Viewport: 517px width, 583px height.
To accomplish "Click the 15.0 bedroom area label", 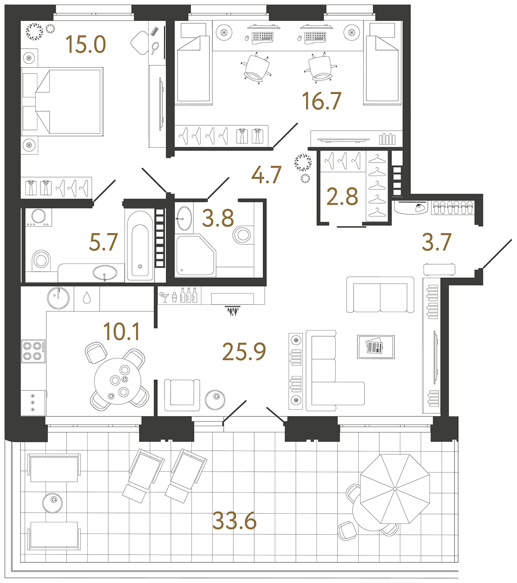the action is click(86, 45).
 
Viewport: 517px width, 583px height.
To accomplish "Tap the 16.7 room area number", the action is click(322, 101).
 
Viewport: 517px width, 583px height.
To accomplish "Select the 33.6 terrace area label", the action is click(234, 522).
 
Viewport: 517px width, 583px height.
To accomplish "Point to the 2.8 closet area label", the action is click(342, 197).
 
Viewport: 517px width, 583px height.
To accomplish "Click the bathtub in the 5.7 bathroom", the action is click(140, 245).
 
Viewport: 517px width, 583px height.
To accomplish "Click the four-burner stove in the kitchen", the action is click(33, 351).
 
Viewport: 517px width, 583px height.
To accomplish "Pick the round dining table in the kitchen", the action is click(118, 381).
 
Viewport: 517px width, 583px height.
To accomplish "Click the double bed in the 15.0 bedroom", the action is click(62, 101).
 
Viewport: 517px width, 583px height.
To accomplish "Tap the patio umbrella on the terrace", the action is click(395, 489).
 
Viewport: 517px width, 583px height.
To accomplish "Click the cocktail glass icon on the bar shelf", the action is click(164, 297).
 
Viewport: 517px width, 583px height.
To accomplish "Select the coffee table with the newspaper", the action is click(376, 347).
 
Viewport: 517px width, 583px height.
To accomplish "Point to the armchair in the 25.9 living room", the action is click(182, 395).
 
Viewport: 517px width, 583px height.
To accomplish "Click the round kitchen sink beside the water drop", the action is click(58, 298).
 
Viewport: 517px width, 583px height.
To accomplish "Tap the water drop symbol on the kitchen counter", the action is click(87, 298).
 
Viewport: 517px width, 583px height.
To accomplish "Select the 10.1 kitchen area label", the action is click(121, 332).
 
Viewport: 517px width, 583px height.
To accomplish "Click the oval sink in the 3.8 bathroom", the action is click(184, 218).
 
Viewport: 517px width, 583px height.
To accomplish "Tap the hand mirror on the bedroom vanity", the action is click(155, 48).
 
